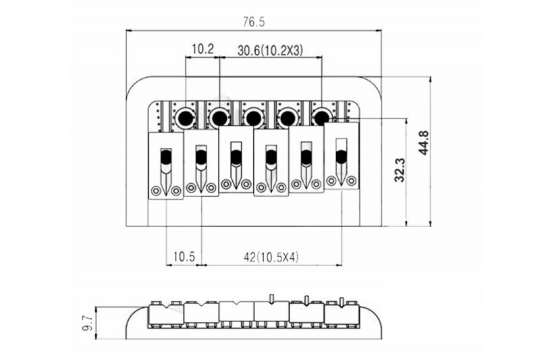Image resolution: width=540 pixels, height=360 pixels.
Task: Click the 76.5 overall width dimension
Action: (254, 22)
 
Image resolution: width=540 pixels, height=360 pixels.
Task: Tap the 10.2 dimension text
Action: (203, 49)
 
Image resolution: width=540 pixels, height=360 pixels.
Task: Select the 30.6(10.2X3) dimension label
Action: (270, 51)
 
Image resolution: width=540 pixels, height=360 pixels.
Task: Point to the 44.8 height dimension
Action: (423, 143)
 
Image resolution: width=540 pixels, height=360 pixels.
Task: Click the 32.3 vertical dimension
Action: (400, 170)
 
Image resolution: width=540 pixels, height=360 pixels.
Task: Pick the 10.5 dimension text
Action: (184, 257)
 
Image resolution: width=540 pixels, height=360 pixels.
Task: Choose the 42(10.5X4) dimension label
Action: (271, 257)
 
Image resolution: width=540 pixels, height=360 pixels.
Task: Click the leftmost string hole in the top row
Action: (184, 118)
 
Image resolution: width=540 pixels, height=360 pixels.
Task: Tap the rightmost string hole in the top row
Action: (322, 118)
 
